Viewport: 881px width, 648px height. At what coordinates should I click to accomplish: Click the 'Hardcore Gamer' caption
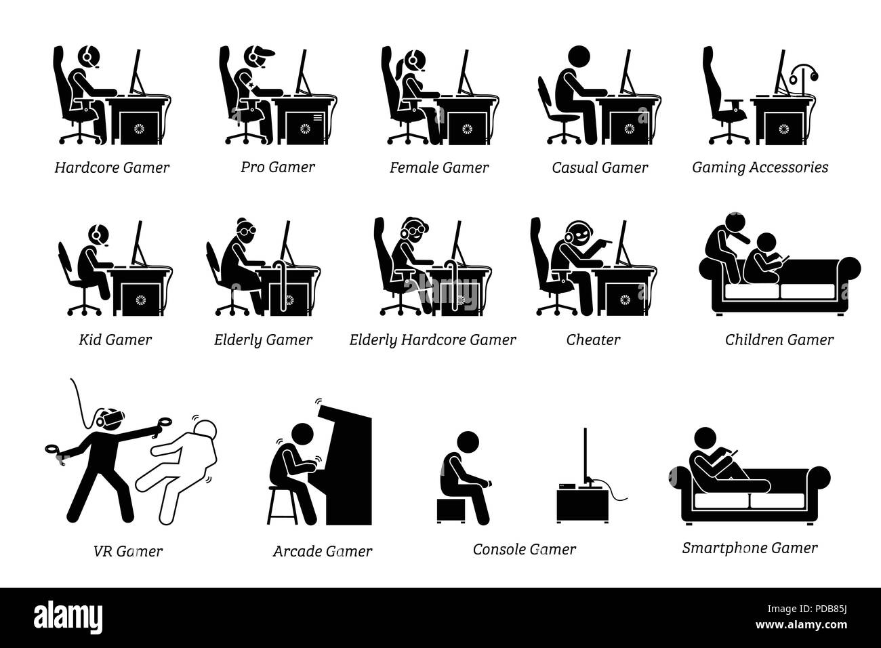pyautogui.click(x=112, y=167)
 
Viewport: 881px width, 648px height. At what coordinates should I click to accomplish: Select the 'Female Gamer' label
pyautogui.click(x=439, y=167)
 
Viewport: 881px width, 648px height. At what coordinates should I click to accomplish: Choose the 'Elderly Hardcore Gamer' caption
pyautogui.click(x=432, y=340)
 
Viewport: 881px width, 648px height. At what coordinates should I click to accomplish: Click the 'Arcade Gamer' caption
pyautogui.click(x=323, y=551)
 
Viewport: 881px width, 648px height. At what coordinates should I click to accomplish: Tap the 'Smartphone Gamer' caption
pyautogui.click(x=750, y=548)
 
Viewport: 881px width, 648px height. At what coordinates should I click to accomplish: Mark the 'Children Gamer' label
pyautogui.click(x=779, y=340)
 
